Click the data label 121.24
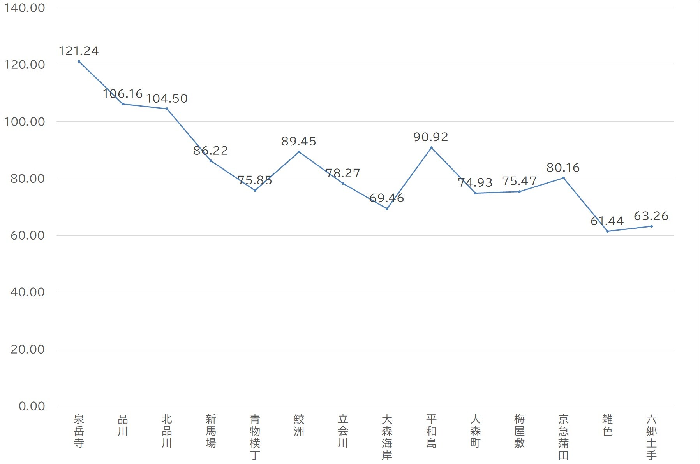[x=79, y=51]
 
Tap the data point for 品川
[x=123, y=104]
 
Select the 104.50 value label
[x=167, y=98]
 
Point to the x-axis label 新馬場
[x=211, y=431]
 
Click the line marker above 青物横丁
[x=255, y=190]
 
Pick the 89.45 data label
[x=299, y=141]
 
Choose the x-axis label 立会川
[x=343, y=431]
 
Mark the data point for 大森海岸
[x=387, y=208]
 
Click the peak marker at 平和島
[x=431, y=147]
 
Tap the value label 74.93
[x=475, y=182]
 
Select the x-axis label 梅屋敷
[x=519, y=431]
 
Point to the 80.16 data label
[x=563, y=168]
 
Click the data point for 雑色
[x=607, y=231]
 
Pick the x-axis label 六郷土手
[x=651, y=437]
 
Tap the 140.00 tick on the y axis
[x=24, y=8]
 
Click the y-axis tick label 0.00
[x=32, y=406]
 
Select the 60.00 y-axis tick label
[x=28, y=235]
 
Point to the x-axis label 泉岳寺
[x=79, y=431]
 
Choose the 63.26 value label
[x=651, y=216]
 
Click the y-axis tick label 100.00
[x=24, y=122]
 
